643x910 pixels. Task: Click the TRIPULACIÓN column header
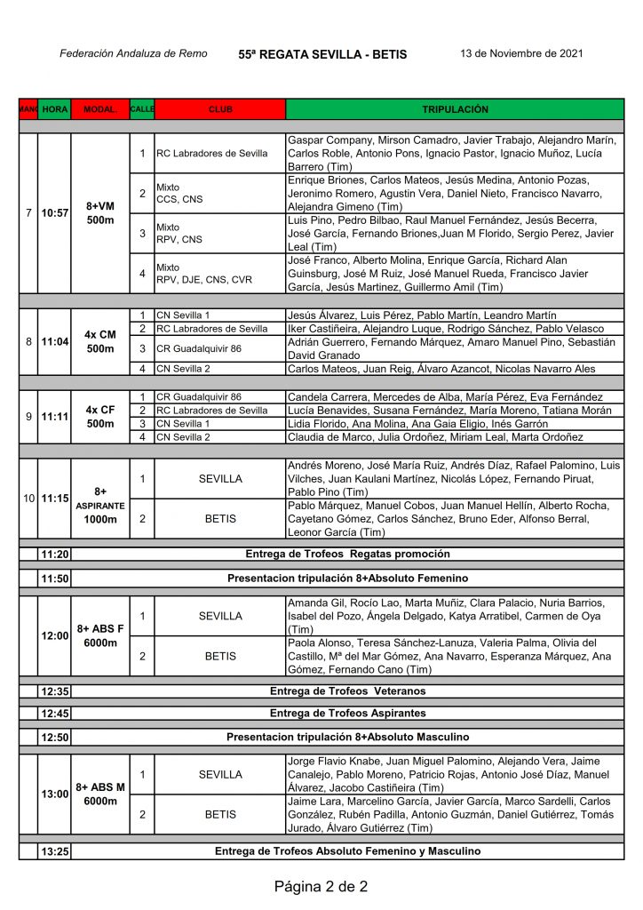pos(455,109)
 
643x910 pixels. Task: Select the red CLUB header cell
pos(220,109)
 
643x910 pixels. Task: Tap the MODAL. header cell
pos(100,109)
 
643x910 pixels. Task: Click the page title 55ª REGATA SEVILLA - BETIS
pos(322,54)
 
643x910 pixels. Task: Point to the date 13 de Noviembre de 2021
pos(521,53)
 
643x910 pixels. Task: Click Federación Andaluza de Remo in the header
pos(133,53)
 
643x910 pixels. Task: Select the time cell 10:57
pos(55,213)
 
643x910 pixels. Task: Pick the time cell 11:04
pos(55,341)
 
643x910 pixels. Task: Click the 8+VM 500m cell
pos(100,213)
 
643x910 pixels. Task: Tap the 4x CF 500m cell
pos(100,417)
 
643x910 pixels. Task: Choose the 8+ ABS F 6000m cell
pos(100,635)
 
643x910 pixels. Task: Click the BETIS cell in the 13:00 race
pos(220,814)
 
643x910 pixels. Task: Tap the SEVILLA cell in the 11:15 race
pos(220,479)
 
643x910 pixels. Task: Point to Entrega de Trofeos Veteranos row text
pos(347,690)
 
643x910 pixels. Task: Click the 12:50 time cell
pos(55,737)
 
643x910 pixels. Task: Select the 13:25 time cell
pos(55,851)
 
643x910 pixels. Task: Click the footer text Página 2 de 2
pos(321,886)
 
